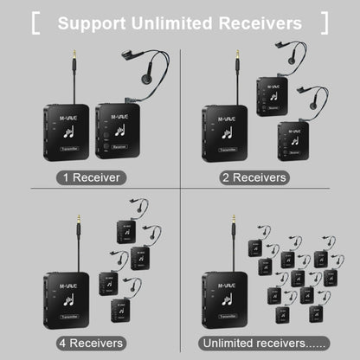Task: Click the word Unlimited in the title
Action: coord(172,22)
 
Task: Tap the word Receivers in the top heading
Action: coord(259,22)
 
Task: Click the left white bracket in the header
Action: coord(36,22)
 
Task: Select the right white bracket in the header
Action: coord(324,22)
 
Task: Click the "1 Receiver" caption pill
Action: coord(90,177)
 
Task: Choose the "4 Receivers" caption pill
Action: coord(90,343)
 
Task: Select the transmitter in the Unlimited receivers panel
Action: coord(224,298)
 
